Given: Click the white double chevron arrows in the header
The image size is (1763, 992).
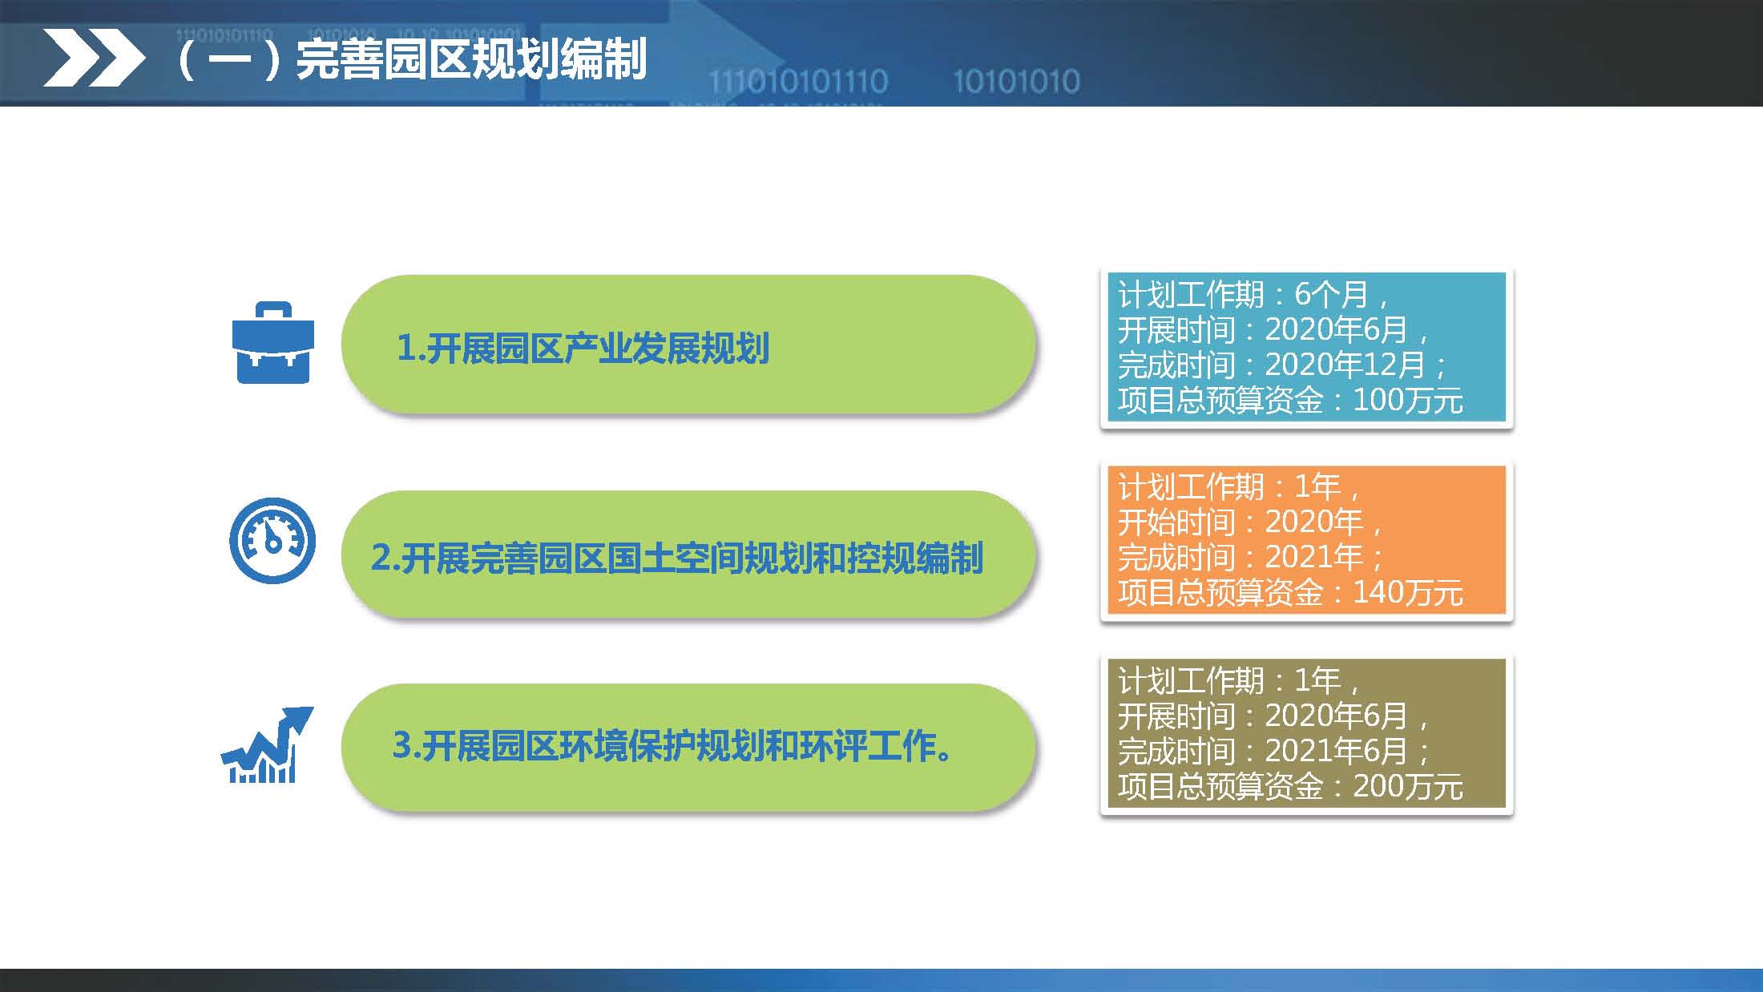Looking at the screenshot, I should tap(93, 58).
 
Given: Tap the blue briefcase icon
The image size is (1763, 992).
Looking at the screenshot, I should tap(272, 343).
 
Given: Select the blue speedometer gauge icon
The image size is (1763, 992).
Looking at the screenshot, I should tap(272, 540).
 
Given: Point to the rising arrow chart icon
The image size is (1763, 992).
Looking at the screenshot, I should tap(267, 745).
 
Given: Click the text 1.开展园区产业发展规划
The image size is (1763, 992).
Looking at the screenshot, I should tap(583, 348).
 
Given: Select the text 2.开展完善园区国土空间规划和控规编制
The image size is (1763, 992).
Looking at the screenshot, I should tap(676, 558).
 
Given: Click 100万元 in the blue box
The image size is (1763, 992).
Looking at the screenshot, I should tap(1407, 400).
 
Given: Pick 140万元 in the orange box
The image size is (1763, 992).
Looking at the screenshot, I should tap(1407, 593).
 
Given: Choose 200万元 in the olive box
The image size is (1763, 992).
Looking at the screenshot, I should tap(1407, 786).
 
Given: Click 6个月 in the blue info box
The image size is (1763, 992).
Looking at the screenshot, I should tap(1331, 294).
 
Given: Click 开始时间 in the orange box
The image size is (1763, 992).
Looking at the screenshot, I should tap(1176, 522).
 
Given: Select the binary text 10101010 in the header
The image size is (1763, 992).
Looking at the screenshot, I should tap(1015, 81).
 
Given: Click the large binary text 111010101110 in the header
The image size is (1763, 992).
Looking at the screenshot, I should tap(798, 81).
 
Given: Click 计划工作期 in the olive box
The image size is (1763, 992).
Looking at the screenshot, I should tap(1191, 681).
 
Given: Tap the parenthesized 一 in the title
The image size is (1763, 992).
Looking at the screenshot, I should tap(230, 59).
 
